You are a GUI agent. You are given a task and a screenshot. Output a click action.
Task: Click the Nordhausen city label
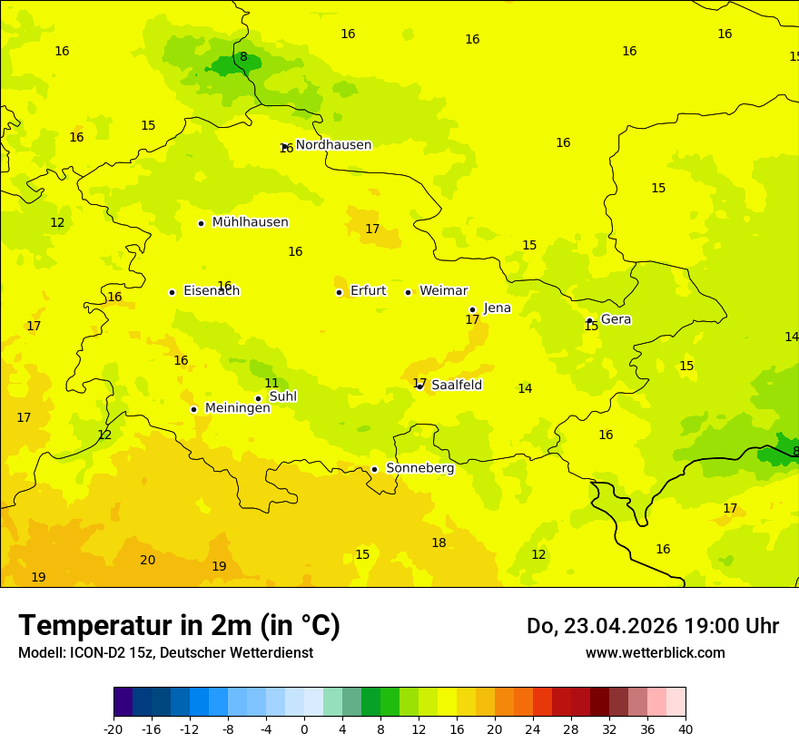pos(333,145)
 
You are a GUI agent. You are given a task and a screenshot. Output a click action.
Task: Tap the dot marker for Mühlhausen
pos(201,223)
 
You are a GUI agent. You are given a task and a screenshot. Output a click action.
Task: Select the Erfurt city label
pos(368,291)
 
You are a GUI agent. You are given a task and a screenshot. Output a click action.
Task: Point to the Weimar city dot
pos(408,292)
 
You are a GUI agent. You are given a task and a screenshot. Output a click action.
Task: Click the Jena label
pos(497,308)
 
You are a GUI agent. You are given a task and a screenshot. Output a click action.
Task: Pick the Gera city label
pos(616,319)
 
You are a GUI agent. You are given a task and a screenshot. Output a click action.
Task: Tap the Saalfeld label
pos(456,386)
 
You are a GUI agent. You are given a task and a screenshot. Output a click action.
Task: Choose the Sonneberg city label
pos(419,468)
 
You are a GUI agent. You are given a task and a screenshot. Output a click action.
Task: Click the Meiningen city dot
pos(193,409)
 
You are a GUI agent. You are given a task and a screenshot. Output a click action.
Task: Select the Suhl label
pos(282,396)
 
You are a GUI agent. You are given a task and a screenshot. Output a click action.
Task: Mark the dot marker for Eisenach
pos(172,292)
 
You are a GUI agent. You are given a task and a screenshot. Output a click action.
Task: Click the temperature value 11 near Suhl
pos(271,383)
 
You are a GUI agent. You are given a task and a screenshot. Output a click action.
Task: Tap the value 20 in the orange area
pos(147,560)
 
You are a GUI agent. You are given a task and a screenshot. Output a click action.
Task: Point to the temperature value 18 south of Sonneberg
pos(439,543)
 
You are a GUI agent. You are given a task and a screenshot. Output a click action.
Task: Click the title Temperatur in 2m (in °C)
pos(179,625)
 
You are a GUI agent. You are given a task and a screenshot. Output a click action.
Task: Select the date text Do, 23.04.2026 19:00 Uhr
pos(652,626)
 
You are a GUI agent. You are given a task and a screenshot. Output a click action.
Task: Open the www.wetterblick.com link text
pos(655,653)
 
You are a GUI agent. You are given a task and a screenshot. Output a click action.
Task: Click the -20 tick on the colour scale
pos(113,729)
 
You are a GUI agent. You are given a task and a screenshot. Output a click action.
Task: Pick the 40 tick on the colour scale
pos(685,729)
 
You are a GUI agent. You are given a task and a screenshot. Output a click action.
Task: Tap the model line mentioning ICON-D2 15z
pos(165,653)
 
